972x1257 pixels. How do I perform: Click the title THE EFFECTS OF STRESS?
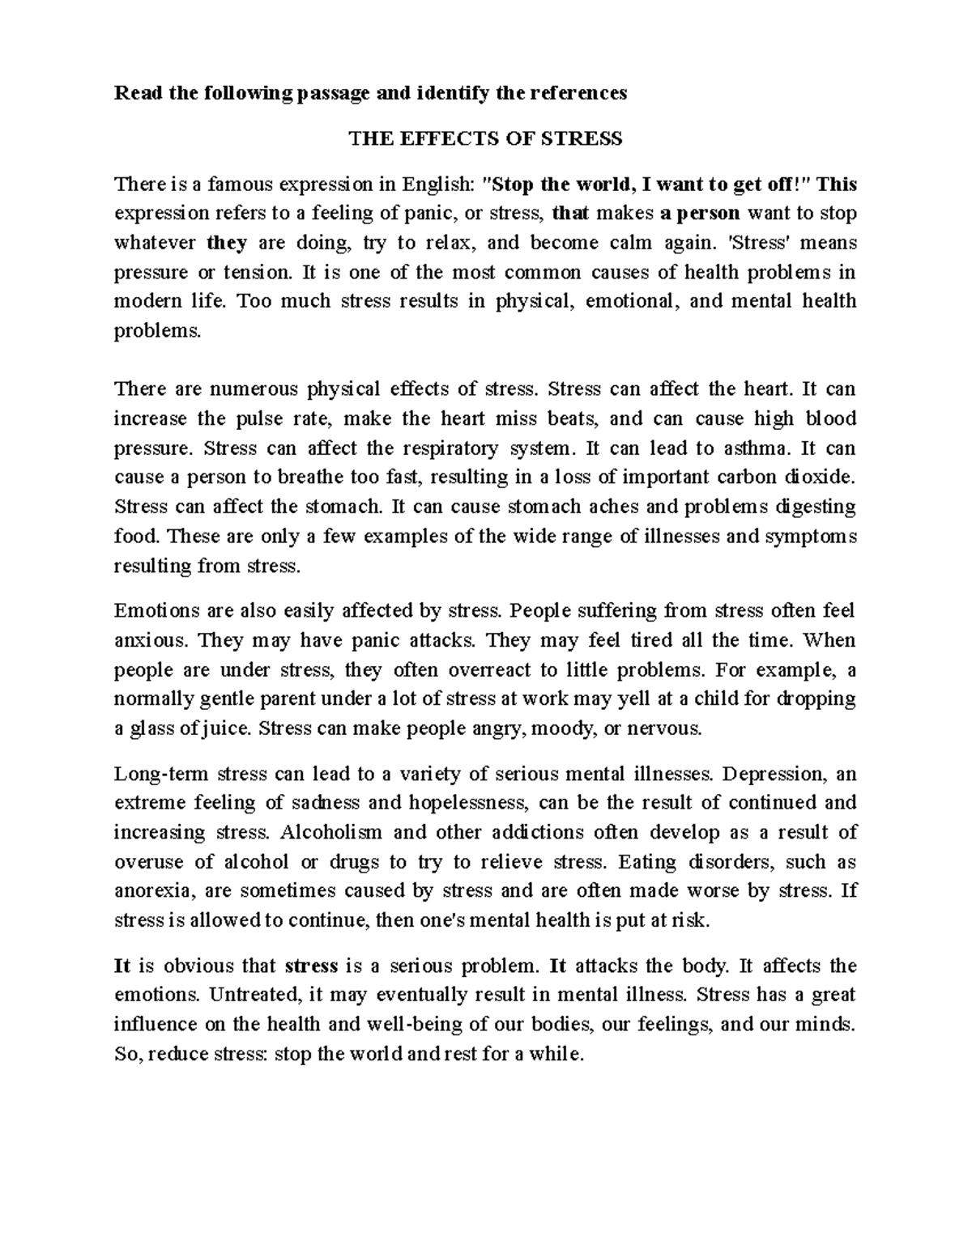click(485, 139)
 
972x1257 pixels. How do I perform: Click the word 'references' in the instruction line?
click(578, 93)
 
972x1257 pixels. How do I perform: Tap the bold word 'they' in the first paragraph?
click(227, 243)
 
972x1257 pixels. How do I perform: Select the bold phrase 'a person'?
click(700, 214)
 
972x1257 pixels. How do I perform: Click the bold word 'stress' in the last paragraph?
click(312, 966)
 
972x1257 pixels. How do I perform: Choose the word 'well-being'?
click(413, 1024)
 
